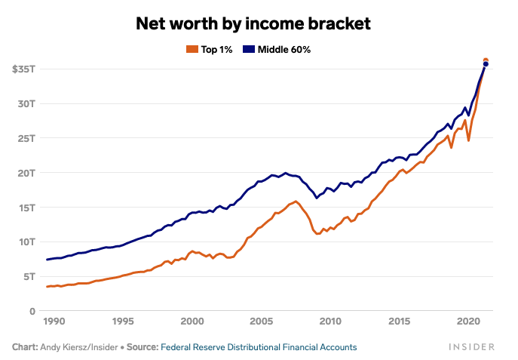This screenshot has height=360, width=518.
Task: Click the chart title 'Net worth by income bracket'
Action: click(253, 23)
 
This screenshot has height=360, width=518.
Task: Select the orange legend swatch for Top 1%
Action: click(191, 49)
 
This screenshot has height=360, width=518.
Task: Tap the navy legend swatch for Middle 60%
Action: click(248, 49)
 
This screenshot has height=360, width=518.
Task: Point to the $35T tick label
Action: click(24, 69)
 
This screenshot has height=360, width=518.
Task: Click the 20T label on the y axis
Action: click(28, 173)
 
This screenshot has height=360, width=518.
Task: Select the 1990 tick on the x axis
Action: click(53, 322)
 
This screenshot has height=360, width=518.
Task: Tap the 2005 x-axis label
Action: click(261, 322)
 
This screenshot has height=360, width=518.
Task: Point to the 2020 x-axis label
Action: click(469, 322)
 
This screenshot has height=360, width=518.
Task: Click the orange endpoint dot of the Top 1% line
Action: click(486, 60)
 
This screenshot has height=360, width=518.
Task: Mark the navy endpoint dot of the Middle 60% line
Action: click(486, 65)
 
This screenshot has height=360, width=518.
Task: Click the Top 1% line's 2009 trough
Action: click(318, 234)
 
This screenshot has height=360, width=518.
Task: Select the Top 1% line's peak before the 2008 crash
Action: click(296, 202)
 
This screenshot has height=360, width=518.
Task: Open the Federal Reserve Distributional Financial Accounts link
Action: click(259, 347)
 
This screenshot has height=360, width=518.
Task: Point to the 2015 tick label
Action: click(400, 322)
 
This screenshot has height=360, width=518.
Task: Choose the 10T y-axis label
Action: click(28, 242)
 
